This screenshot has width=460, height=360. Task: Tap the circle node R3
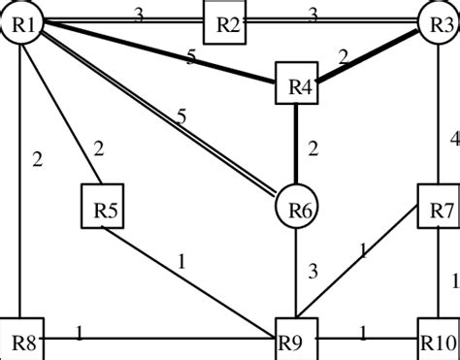[x=437, y=22]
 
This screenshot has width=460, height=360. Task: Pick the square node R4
[x=298, y=87]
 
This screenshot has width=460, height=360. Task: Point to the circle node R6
[x=297, y=208]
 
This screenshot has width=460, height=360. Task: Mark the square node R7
[x=437, y=208]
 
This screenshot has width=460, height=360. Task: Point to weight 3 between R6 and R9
[x=312, y=271]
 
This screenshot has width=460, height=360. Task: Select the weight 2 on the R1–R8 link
[x=36, y=159]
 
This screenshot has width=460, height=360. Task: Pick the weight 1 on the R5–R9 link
[x=181, y=261]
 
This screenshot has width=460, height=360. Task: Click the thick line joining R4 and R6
[x=297, y=146]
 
